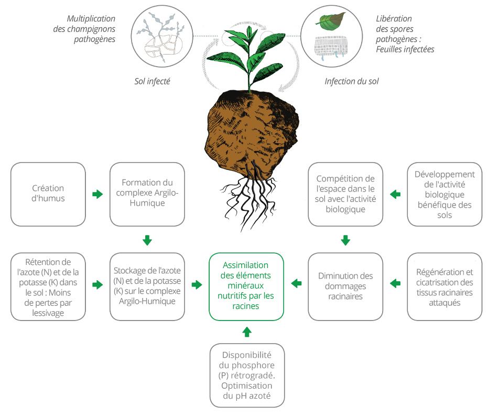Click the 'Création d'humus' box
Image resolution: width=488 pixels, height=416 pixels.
coord(48,194)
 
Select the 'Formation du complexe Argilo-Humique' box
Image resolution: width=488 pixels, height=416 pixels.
coord(147,194)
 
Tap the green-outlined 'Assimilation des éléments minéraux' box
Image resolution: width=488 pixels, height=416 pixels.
coord(246,286)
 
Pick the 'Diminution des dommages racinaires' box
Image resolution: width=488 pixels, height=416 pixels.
coord(345,286)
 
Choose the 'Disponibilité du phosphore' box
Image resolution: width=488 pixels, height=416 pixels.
coord(247,375)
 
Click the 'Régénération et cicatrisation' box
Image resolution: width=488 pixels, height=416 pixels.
coord(444,286)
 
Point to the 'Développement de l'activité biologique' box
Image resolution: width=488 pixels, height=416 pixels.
coord(444,194)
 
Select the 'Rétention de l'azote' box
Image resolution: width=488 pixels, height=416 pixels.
coord(48,286)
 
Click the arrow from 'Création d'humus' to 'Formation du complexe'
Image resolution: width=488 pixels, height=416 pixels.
coord(97,194)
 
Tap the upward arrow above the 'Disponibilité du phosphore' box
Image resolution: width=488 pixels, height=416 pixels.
coord(247,332)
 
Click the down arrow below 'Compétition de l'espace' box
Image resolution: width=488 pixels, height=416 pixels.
coord(345,240)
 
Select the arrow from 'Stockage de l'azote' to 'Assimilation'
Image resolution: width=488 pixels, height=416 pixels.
coord(197,285)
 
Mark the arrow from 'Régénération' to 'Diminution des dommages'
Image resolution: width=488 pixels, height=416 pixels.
coord(395,283)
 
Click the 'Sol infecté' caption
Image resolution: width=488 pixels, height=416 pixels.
coord(152,81)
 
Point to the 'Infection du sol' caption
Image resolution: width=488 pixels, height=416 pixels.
coord(352,81)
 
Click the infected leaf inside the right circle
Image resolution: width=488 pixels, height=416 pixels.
coord(331,21)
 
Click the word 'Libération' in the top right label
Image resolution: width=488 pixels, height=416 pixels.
coord(394,19)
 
